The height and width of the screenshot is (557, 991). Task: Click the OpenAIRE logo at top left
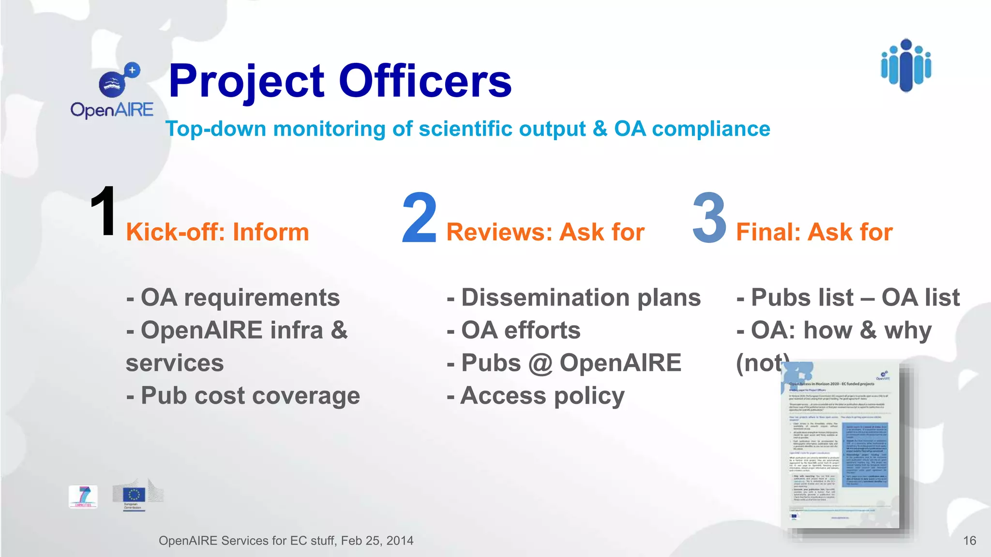point(112,91)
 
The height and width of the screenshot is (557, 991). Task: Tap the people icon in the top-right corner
point(906,66)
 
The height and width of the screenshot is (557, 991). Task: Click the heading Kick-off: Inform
point(217,232)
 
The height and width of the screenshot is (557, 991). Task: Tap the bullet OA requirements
point(233,297)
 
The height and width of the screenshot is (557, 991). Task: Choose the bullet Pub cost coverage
point(243,396)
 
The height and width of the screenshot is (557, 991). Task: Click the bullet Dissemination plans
point(574,297)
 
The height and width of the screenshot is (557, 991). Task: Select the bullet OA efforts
point(514,330)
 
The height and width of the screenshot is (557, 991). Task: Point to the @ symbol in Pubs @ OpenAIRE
point(541,364)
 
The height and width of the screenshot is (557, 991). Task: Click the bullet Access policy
point(536,396)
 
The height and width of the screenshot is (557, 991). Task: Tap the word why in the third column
point(908,331)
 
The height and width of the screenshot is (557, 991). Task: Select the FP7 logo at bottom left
point(83,497)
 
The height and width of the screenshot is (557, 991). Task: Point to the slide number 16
point(969,541)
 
